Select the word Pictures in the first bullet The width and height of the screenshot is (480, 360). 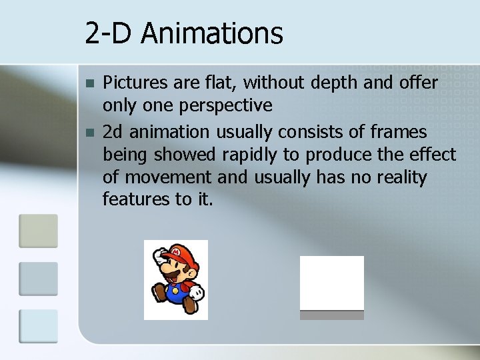(x=132, y=83)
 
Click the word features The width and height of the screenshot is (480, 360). (x=135, y=199)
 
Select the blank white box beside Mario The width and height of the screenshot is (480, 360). (x=331, y=283)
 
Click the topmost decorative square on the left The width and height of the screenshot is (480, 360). (x=38, y=231)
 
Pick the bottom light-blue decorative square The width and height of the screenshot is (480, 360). (x=38, y=326)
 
